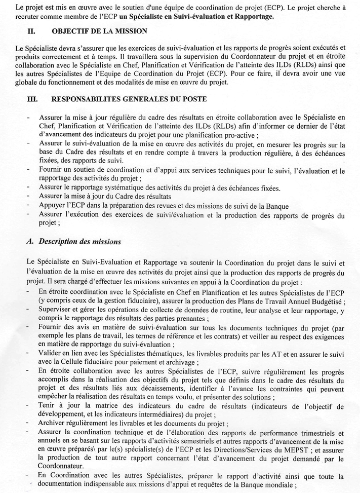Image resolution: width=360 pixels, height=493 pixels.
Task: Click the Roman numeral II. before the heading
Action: click(31, 31)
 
